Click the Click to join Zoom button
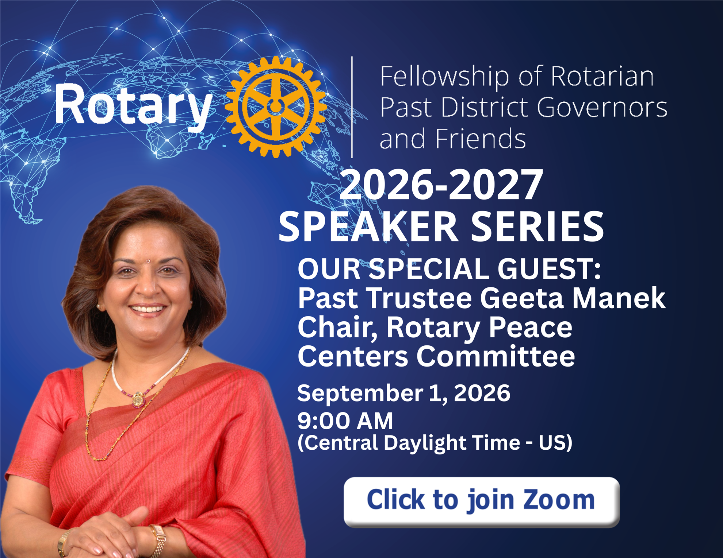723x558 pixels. click(482, 502)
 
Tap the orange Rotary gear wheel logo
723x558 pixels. click(276, 107)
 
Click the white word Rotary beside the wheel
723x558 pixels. click(133, 106)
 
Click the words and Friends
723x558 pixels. click(453, 139)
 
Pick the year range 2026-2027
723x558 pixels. click(441, 185)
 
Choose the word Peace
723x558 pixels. click(530, 327)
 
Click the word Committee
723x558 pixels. click(496, 356)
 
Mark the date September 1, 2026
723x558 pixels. click(403, 393)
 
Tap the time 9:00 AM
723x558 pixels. click(345, 421)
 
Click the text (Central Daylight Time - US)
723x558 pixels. click(435, 443)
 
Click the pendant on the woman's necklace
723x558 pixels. click(138, 399)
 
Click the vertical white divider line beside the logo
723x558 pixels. click(352, 107)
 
